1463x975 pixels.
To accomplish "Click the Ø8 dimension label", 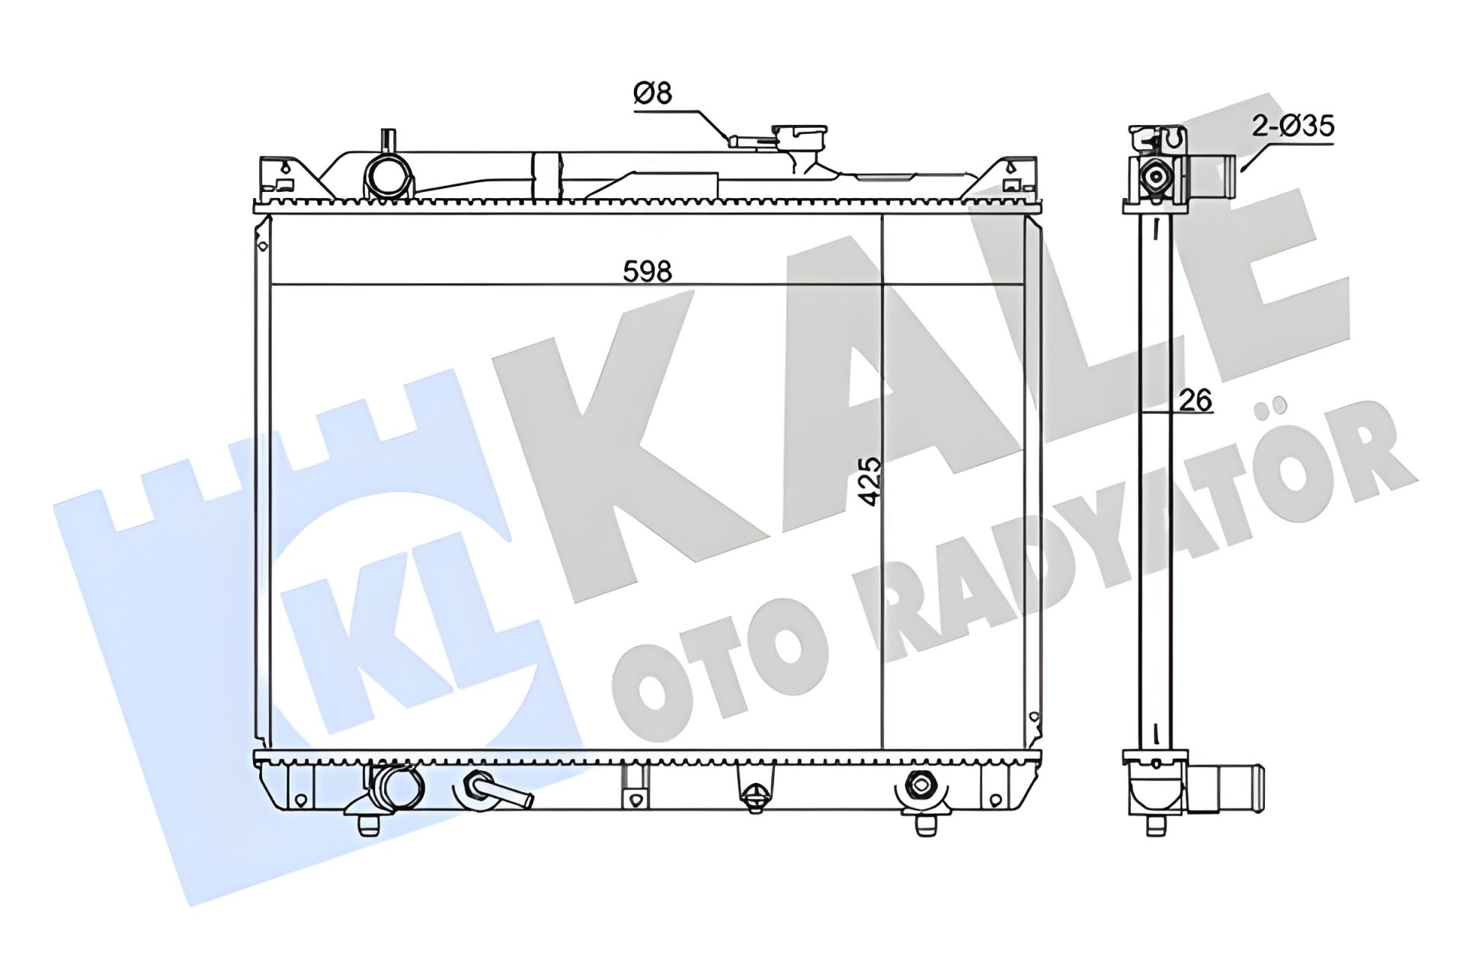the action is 653,94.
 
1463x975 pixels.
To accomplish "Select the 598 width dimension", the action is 647,271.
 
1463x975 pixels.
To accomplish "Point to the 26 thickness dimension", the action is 1194,400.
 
